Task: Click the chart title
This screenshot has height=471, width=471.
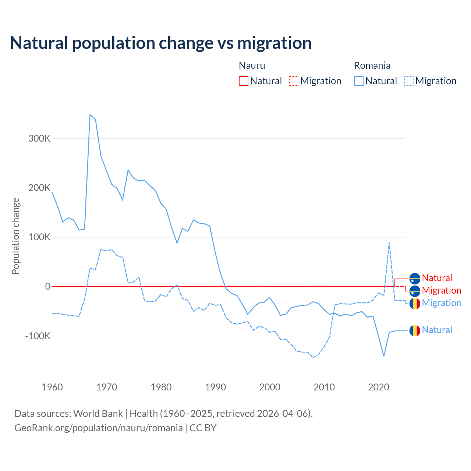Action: click(160, 43)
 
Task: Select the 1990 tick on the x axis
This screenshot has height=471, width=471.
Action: click(215, 387)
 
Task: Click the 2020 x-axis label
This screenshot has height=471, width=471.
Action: click(379, 387)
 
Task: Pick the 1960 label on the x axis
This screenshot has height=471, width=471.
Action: click(52, 387)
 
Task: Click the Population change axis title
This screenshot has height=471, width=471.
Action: click(15, 236)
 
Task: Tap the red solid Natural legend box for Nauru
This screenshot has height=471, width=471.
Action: click(244, 81)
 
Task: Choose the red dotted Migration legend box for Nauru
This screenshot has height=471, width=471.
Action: click(294, 81)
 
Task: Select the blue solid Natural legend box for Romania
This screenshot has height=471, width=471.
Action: click(359, 81)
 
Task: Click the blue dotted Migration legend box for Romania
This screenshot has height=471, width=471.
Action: click(409, 81)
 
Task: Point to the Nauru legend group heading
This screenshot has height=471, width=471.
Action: click(252, 65)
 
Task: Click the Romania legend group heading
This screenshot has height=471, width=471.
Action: click(372, 65)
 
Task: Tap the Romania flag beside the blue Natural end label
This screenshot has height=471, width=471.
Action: click(415, 330)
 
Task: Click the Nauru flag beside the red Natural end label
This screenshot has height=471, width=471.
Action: click(415, 279)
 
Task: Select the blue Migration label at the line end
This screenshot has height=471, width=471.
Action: click(442, 303)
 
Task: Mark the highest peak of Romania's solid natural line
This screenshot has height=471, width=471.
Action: click(90, 115)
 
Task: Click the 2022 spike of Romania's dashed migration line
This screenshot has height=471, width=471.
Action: click(389, 243)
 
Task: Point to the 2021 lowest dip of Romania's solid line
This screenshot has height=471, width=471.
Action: click(384, 356)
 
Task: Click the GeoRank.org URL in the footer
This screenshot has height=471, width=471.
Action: click(99, 428)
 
